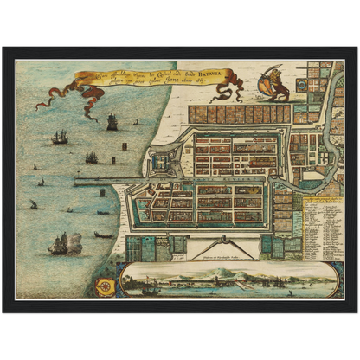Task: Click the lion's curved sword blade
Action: pos(266,71)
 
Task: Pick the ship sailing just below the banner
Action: pos(112,122)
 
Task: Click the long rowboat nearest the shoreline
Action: pos(103,235)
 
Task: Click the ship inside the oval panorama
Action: pos(150,285)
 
